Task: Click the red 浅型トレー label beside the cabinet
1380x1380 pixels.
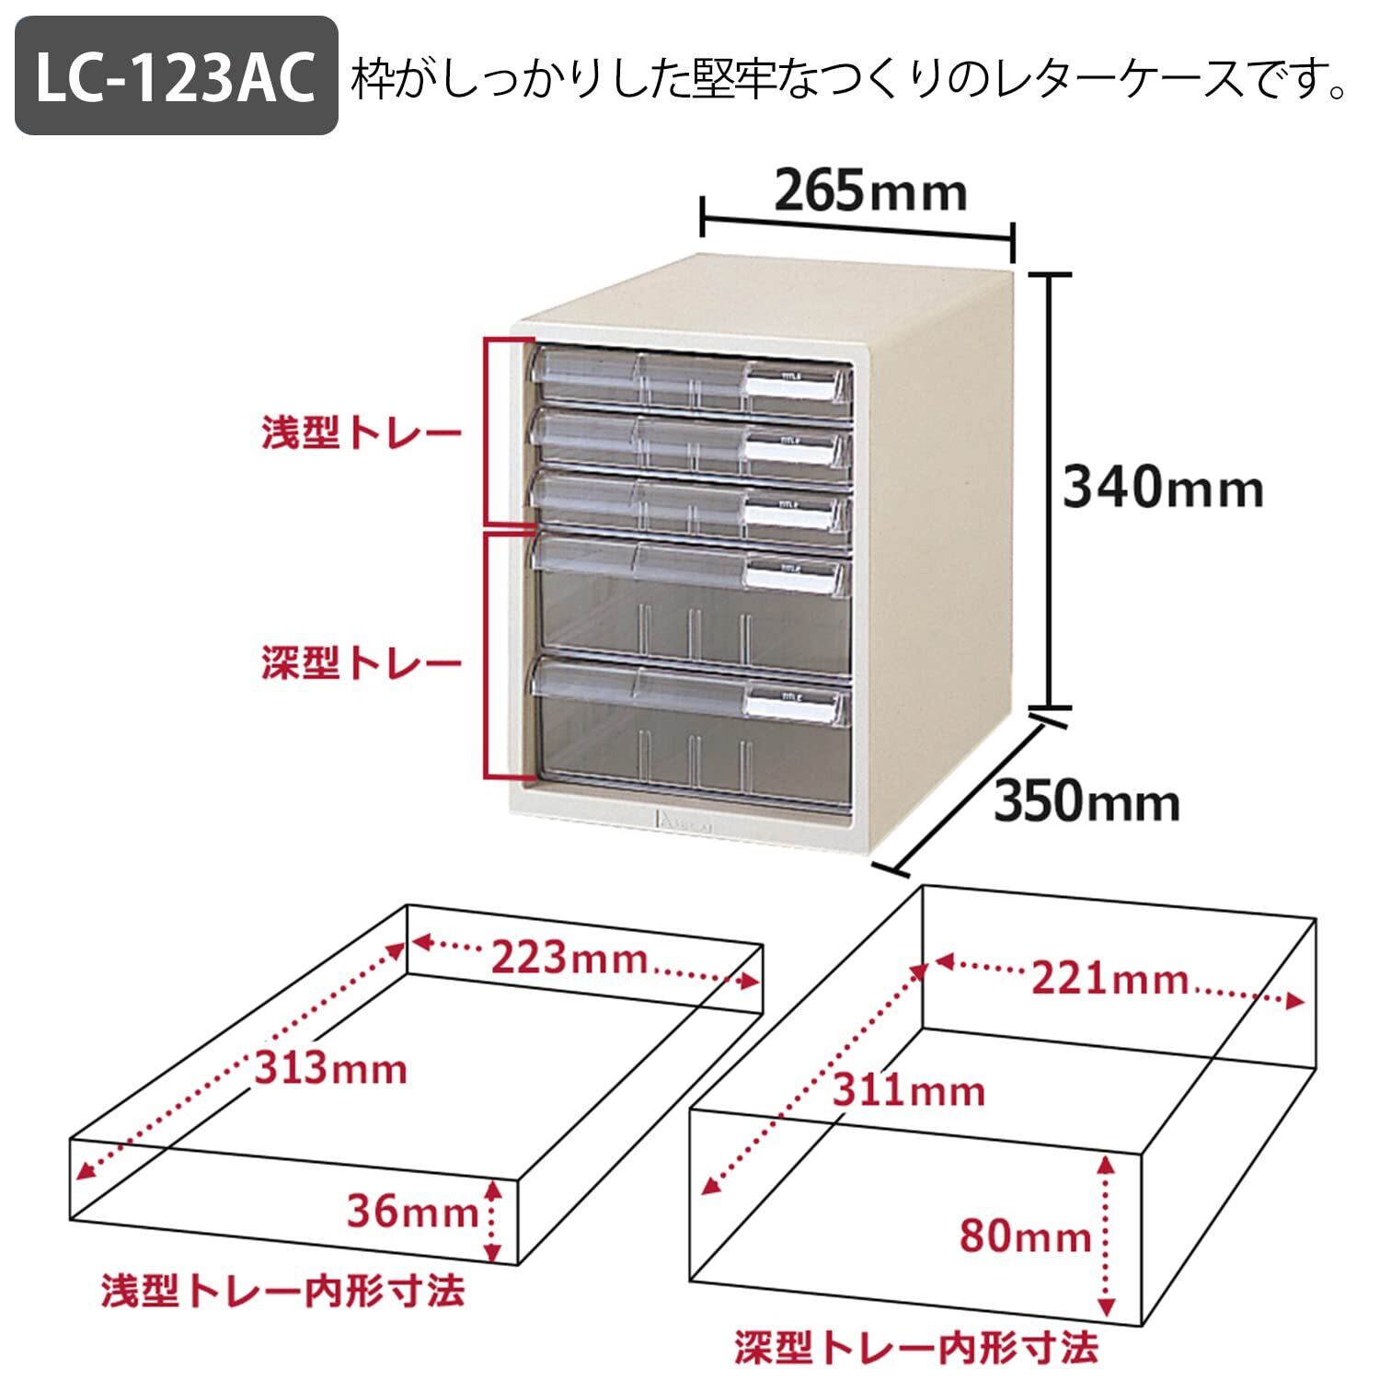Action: pos(361,433)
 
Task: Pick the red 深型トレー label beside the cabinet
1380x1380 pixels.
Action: pos(361,663)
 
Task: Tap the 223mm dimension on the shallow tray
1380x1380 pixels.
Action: pos(569,959)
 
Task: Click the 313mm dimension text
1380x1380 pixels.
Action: pos(330,1068)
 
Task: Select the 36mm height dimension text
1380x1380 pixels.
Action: pos(410,1212)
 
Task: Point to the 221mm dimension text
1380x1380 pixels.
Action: pos(1109,978)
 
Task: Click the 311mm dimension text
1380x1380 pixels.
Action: pos(909,1091)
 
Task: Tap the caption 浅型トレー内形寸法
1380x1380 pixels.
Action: pos(283,1291)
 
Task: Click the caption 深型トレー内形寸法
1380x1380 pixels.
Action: pos(915,1347)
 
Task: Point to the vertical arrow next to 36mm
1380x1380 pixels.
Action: pos(493,1220)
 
